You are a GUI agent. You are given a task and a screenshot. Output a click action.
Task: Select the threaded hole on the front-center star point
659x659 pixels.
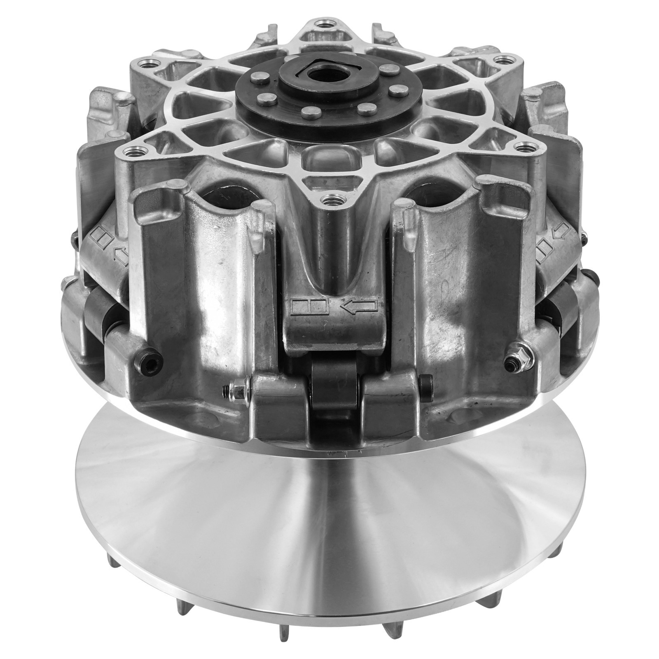[330, 201]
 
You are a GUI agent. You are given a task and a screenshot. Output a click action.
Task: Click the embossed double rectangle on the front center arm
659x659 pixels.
[309, 306]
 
